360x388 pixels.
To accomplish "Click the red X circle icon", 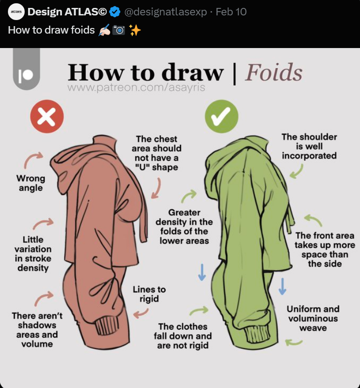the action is pos(47,116).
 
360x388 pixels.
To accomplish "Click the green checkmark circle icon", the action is pos(222,116).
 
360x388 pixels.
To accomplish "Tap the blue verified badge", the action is pos(115,12).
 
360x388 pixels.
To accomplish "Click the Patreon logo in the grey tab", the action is pos(26,75).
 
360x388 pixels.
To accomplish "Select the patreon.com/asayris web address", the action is pos(136,87).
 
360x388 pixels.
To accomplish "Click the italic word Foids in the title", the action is pos(274,72).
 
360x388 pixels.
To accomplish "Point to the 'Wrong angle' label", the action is pos(31,183).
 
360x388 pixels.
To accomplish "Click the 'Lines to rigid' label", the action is pos(149,294).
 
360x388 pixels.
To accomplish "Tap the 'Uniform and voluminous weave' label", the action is pos(313,318).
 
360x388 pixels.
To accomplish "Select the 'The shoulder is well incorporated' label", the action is pos(309,146).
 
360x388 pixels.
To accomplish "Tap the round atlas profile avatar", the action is pos(16,12).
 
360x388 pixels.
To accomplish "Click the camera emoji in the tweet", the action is pos(119,30).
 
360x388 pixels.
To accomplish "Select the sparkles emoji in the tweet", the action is pos(135,30).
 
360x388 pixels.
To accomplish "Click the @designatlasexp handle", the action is pos(166,12).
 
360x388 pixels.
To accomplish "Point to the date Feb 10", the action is pos(231,12).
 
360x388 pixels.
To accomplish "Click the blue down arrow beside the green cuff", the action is pos(282,286).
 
